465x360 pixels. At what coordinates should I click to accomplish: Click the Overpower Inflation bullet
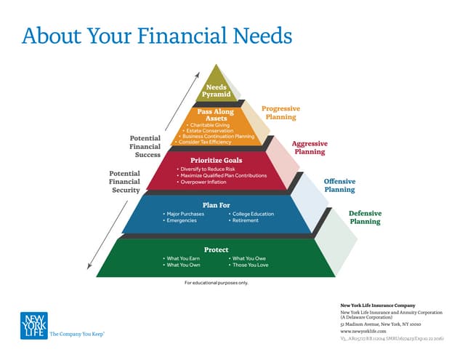tap(207, 182)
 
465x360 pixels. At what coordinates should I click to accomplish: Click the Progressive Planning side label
tap(280, 112)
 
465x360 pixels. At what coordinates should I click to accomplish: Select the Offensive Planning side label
tap(339, 185)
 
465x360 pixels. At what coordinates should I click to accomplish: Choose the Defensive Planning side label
tap(365, 217)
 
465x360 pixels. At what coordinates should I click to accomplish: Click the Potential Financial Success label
tap(145, 145)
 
